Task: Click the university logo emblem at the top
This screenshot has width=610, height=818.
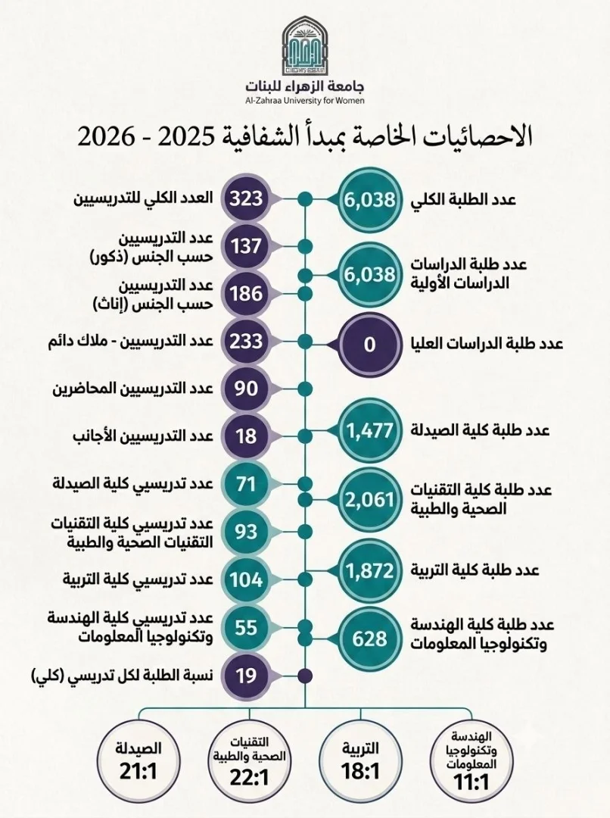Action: [304, 45]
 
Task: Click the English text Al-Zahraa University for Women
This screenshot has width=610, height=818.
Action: [304, 101]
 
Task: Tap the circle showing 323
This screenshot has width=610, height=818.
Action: [246, 199]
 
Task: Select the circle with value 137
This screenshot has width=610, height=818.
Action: [246, 246]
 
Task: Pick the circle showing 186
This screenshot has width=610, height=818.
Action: [246, 294]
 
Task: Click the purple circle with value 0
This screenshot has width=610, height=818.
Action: [369, 345]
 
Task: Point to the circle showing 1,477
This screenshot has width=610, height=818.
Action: [369, 430]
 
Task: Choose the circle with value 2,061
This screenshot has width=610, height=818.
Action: [369, 500]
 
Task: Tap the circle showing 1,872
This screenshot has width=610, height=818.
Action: [369, 570]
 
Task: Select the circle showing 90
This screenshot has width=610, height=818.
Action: [246, 389]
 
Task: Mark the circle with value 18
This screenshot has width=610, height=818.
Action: [246, 436]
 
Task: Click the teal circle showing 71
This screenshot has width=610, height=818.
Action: [246, 484]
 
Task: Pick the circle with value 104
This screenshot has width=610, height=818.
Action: [246, 579]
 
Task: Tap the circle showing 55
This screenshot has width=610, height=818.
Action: [246, 628]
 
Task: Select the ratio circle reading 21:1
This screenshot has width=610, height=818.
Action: [138, 760]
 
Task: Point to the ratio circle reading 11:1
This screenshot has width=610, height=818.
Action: [472, 760]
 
